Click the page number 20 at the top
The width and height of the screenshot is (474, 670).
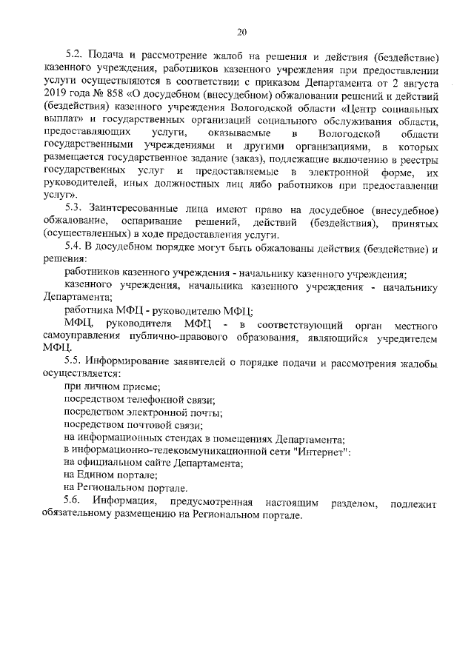241,31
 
